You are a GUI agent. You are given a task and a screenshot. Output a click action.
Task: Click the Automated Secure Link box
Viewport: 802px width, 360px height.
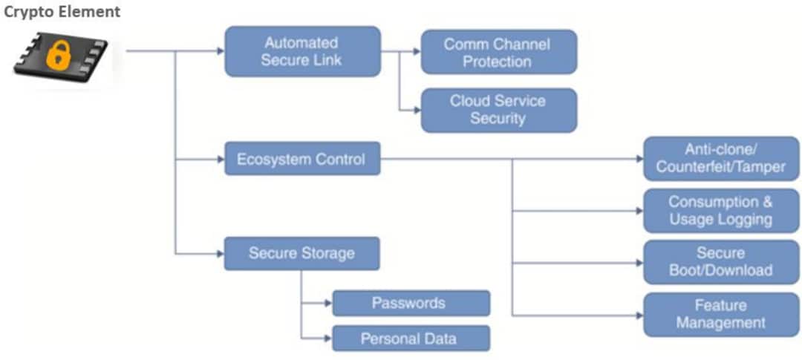pos(302,51)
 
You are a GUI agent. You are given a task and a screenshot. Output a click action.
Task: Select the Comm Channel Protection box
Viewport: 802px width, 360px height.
pos(498,52)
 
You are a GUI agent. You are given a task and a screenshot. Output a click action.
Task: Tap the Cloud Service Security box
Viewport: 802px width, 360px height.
pos(498,110)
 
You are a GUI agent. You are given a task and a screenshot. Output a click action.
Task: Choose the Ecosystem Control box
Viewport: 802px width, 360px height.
pos(302,159)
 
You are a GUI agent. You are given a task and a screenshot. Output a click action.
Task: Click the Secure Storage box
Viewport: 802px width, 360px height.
pos(302,253)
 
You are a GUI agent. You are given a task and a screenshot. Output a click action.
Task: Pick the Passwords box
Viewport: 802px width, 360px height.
pos(410,303)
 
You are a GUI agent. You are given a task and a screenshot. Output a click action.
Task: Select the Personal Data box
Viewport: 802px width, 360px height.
pos(410,338)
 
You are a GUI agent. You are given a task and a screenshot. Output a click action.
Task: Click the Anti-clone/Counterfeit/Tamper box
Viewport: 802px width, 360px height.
pos(721,158)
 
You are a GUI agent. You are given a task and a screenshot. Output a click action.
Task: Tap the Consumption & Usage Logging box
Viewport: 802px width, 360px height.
pos(721,211)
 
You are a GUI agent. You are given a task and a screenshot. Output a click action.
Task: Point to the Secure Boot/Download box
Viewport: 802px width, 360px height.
pos(721,262)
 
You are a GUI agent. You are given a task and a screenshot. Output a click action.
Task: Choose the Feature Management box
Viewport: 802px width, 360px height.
pos(721,314)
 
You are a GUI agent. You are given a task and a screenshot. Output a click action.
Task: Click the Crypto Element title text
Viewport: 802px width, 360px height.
pos(62,12)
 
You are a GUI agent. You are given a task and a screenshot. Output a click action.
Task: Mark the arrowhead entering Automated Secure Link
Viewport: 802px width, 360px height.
pos(220,51)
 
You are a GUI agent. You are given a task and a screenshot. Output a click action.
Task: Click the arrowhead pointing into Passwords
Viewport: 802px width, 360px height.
pos(327,303)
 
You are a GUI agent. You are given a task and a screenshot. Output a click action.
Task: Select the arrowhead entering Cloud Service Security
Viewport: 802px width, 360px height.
pos(416,110)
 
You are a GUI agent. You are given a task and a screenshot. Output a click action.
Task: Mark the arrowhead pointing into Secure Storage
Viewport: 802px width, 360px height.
pos(220,253)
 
